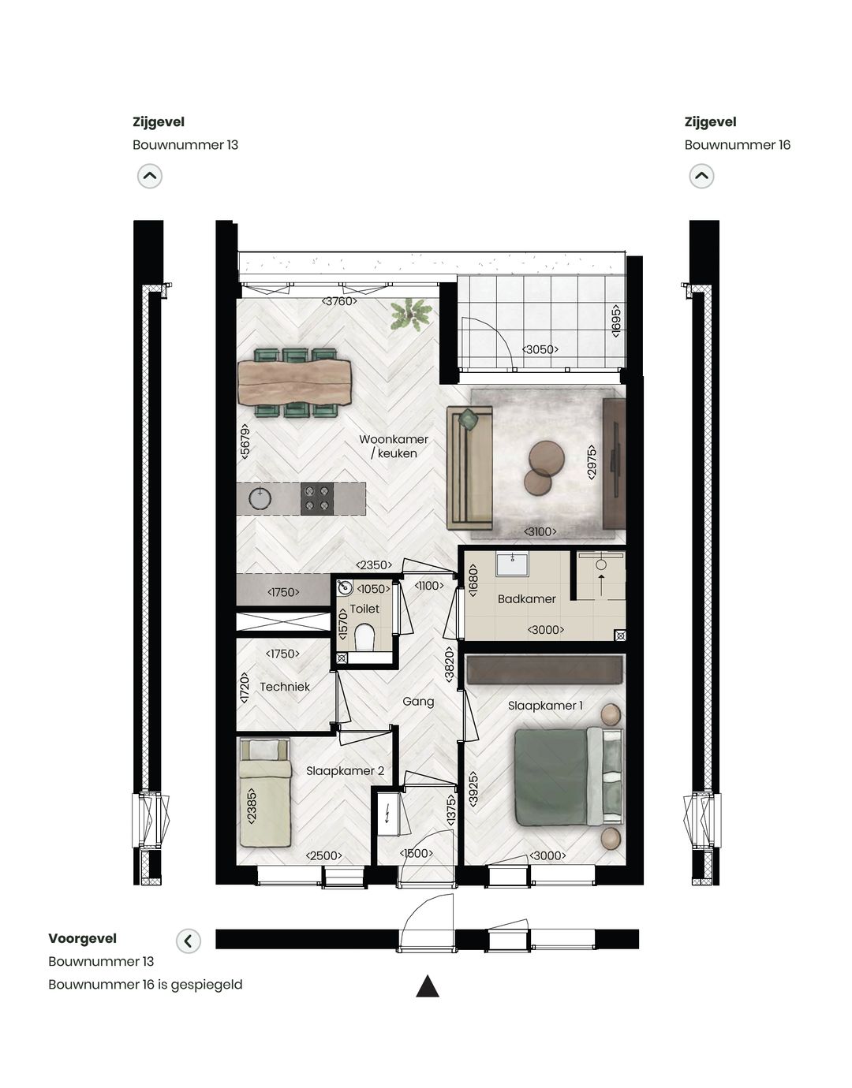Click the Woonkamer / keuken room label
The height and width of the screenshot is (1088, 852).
click(x=393, y=446)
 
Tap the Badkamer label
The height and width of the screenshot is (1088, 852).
click(x=526, y=599)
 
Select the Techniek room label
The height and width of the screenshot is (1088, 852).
click(x=285, y=687)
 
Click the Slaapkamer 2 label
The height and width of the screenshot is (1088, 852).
click(x=345, y=771)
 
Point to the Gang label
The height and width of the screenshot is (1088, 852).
click(x=418, y=702)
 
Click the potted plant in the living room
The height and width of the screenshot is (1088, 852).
click(x=410, y=315)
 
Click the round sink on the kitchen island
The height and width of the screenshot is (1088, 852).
click(x=260, y=498)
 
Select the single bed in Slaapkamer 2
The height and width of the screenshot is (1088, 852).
click(x=265, y=792)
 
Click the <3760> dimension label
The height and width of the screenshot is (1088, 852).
click(x=339, y=301)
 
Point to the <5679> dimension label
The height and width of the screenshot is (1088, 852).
click(x=245, y=442)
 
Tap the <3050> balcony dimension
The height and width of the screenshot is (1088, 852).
click(x=540, y=349)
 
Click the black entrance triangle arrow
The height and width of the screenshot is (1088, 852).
click(x=427, y=986)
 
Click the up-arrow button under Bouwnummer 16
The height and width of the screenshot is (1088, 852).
click(x=701, y=176)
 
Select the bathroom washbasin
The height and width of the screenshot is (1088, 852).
click(x=512, y=564)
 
